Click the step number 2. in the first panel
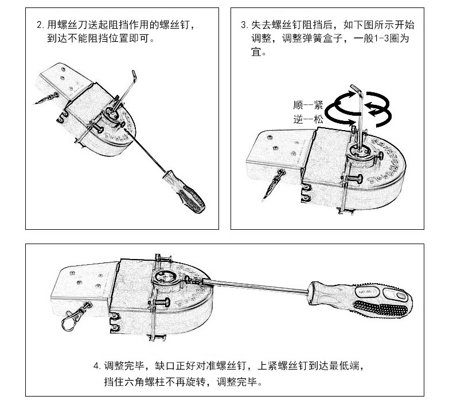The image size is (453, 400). tap(41, 25)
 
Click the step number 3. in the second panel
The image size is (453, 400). tap(245, 25)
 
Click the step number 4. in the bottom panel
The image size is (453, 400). tap(97, 366)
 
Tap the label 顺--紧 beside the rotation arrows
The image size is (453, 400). tap(308, 105)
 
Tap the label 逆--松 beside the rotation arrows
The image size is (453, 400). tap(308, 119)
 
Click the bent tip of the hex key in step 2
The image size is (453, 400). tap(134, 74)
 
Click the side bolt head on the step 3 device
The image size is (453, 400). tap(360, 179)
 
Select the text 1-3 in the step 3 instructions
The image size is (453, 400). tap(381, 39)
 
